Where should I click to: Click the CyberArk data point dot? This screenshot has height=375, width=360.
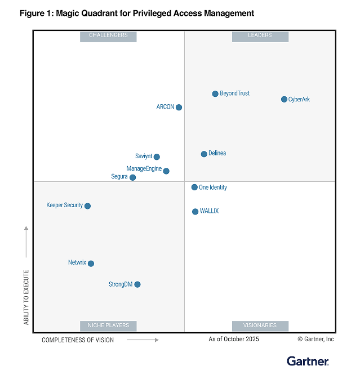[x=284, y=100]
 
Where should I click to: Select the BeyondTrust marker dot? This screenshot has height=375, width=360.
[x=215, y=94]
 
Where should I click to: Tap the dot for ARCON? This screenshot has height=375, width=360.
[x=179, y=108]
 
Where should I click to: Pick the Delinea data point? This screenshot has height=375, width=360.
[x=204, y=154]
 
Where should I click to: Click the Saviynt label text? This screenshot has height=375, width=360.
[x=144, y=157]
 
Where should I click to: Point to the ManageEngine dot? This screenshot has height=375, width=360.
[x=166, y=171]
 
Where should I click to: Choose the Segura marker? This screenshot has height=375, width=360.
[x=133, y=177]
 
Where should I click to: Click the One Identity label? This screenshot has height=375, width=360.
[x=213, y=187]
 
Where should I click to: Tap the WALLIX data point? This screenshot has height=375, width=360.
[x=195, y=212]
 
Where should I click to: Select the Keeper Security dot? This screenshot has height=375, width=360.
[x=87, y=206]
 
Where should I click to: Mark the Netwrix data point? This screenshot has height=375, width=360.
[x=91, y=264]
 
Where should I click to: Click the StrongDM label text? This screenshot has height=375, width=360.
[x=121, y=284]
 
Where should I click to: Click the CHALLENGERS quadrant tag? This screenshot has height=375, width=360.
[x=108, y=35]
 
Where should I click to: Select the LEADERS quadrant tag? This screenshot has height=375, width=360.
[x=260, y=35]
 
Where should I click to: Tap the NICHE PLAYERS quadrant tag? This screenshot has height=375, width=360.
[x=108, y=325]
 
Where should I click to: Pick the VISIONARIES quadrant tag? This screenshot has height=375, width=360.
[x=260, y=325]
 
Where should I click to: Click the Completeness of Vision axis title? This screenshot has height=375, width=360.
[x=78, y=340]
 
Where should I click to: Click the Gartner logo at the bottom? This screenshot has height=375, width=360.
[x=307, y=361]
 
